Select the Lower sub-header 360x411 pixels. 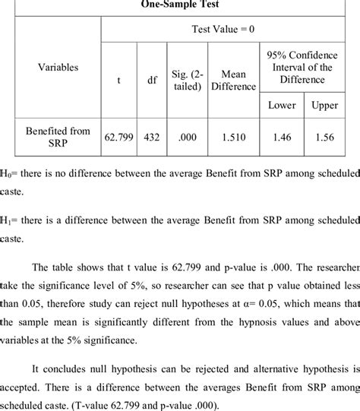click(281, 105)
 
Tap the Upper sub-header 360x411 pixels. click(324, 105)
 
